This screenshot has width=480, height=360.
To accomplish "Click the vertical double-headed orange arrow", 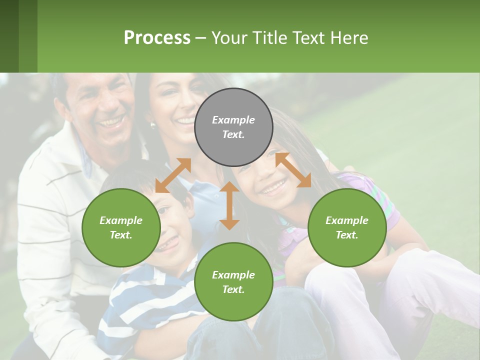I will [x=229, y=205].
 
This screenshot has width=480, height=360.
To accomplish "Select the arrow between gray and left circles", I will [x=173, y=175].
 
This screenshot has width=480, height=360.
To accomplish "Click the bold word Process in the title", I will [x=157, y=38].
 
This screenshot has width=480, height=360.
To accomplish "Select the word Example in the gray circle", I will [x=233, y=120].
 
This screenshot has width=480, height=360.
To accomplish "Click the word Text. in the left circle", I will [x=121, y=235].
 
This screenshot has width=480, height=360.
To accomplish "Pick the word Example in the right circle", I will [x=347, y=220].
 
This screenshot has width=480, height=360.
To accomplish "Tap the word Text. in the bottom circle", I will [x=233, y=289].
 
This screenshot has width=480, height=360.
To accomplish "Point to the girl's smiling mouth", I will [x=273, y=188].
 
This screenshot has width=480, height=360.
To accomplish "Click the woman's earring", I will [x=153, y=125].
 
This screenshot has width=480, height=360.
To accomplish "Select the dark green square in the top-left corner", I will [x=9, y=36].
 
